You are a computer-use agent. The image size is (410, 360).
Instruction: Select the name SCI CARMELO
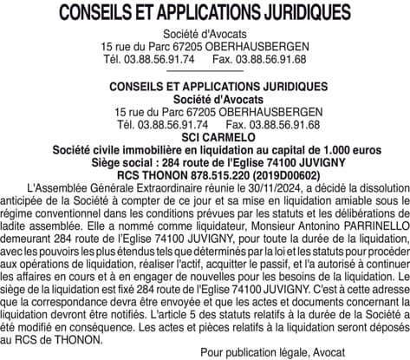(205, 138)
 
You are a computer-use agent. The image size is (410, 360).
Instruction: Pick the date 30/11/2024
(264, 186)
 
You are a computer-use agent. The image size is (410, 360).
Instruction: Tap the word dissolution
(374, 186)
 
